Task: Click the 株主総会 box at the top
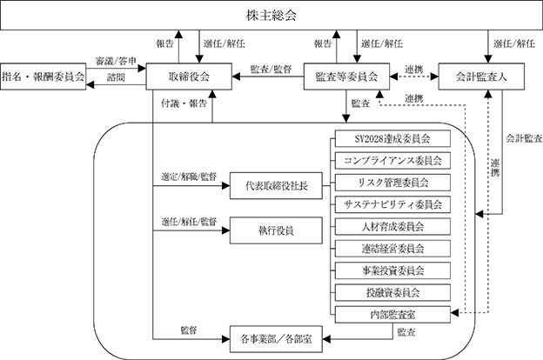coord(271,16)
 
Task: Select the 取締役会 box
coord(189,77)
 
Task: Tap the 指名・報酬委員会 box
coord(43,77)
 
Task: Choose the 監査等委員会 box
coord(346,77)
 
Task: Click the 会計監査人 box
coord(481,77)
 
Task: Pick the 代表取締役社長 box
coord(276,186)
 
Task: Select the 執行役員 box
coord(276,230)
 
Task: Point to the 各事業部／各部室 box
coord(276,339)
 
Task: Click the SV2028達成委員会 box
coord(392,139)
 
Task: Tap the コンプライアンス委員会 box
coord(392,161)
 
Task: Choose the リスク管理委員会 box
coord(392,183)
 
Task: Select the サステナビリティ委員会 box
coord(392,204)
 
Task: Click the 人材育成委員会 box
coord(392,227)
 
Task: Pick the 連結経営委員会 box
coord(392,249)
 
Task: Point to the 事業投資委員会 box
coord(392,270)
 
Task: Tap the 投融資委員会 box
coord(392,293)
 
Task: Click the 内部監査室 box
coord(392,315)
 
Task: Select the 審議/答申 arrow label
coord(116,61)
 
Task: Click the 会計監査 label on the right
coord(524,138)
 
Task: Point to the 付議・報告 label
coord(184,103)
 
